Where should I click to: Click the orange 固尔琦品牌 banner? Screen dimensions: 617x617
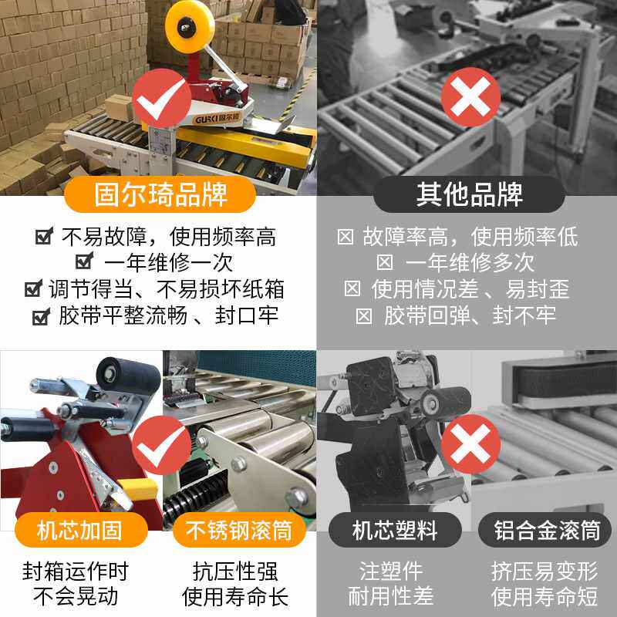click(157, 194)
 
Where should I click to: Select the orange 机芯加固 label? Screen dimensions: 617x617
click(81, 531)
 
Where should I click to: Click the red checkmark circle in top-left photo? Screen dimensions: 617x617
click(161, 99)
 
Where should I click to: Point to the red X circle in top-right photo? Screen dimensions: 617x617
click(470, 97)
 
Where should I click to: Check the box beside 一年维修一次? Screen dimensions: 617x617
click(85, 261)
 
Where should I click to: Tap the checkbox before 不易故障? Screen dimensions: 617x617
click(43, 237)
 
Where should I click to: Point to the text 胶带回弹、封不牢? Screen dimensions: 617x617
click(470, 315)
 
